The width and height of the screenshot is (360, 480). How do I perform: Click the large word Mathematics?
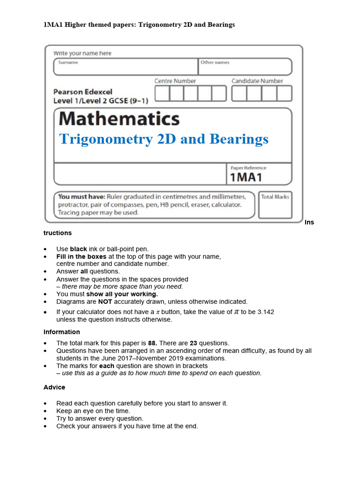(x=119, y=119)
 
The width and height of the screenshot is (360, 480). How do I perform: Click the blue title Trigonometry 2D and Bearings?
(x=164, y=139)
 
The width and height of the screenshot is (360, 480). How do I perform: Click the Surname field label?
(x=68, y=62)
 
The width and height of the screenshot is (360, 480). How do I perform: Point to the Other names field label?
(x=215, y=62)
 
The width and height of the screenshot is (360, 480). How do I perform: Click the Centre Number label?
(x=176, y=81)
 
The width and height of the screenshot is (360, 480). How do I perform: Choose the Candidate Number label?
(x=257, y=81)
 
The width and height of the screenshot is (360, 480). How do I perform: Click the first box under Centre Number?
(x=162, y=94)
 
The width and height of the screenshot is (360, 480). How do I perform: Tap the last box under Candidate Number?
(x=284, y=94)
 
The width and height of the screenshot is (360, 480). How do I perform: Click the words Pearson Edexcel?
(x=82, y=92)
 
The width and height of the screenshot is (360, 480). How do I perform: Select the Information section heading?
(x=62, y=332)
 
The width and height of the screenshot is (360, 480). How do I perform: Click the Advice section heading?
(x=54, y=387)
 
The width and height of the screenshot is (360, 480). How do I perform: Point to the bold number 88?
(x=152, y=343)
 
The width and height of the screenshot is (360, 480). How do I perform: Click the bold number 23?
(x=193, y=343)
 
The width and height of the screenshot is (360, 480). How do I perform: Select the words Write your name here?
(x=82, y=53)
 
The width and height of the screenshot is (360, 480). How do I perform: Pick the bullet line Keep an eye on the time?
(x=93, y=411)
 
